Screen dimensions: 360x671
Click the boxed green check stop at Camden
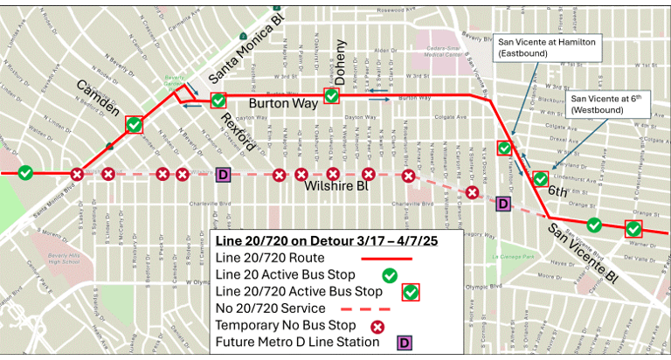tap(134, 125)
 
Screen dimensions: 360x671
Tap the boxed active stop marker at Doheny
tap(332, 96)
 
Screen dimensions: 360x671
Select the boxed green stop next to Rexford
tap(218, 100)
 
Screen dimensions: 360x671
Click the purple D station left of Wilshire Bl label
tap(223, 175)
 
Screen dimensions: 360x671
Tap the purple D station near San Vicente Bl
tap(502, 204)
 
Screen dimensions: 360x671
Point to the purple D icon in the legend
tap(404, 342)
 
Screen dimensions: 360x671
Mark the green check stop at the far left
tap(26, 173)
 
